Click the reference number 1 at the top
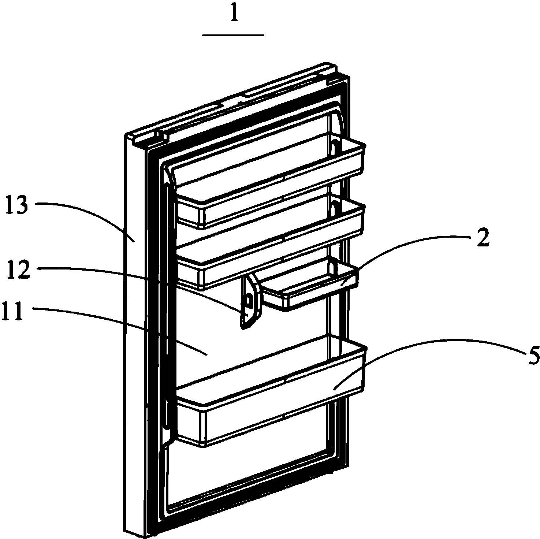233,17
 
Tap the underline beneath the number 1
233,35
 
